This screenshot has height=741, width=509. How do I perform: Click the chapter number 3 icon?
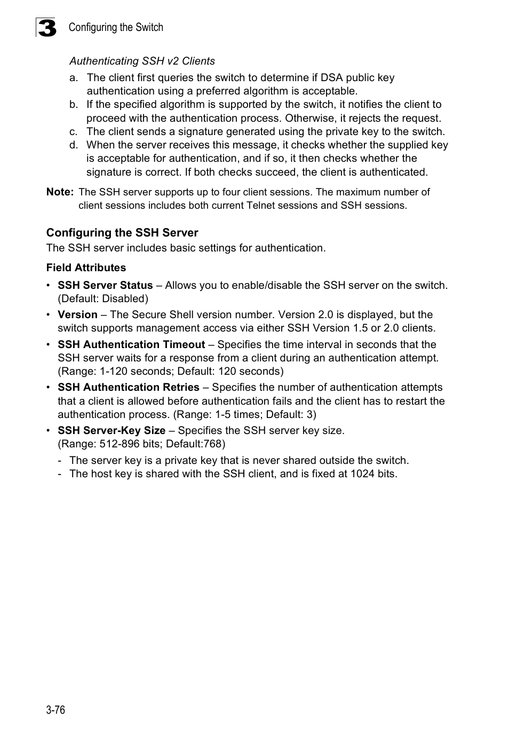(47, 28)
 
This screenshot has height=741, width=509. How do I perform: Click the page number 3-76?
(55, 710)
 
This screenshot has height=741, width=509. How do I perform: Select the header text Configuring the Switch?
(116, 27)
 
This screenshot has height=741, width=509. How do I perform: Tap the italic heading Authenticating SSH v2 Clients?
(142, 61)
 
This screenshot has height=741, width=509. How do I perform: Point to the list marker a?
(73, 78)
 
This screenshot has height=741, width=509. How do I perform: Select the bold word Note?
(59, 192)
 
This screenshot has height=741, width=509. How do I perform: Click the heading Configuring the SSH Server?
(122, 233)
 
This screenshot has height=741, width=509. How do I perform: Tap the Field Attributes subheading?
(86, 268)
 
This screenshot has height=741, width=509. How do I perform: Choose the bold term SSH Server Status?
(105, 286)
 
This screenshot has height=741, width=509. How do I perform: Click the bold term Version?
(77, 315)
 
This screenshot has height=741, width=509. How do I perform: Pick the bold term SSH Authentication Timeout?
(131, 345)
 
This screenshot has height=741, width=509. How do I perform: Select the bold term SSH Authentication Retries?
(129, 388)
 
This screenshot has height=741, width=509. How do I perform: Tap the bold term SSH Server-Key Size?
(112, 431)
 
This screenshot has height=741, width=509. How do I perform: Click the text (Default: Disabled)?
(103, 299)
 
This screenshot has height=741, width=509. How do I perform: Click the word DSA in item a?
(332, 78)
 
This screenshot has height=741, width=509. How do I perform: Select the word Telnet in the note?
(261, 206)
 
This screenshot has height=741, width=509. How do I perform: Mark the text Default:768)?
(196, 444)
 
